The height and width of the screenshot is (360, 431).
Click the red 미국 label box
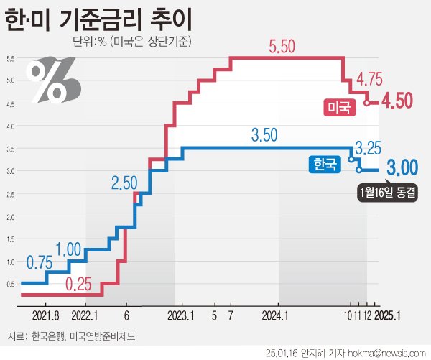339,108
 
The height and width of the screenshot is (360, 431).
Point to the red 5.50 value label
282,47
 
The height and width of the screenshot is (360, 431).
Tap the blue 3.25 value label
369,149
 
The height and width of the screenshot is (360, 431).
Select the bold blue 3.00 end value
402,169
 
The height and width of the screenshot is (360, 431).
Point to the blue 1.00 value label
68,249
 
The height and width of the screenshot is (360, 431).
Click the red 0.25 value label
79,283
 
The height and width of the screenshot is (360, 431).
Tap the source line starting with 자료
71,336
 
